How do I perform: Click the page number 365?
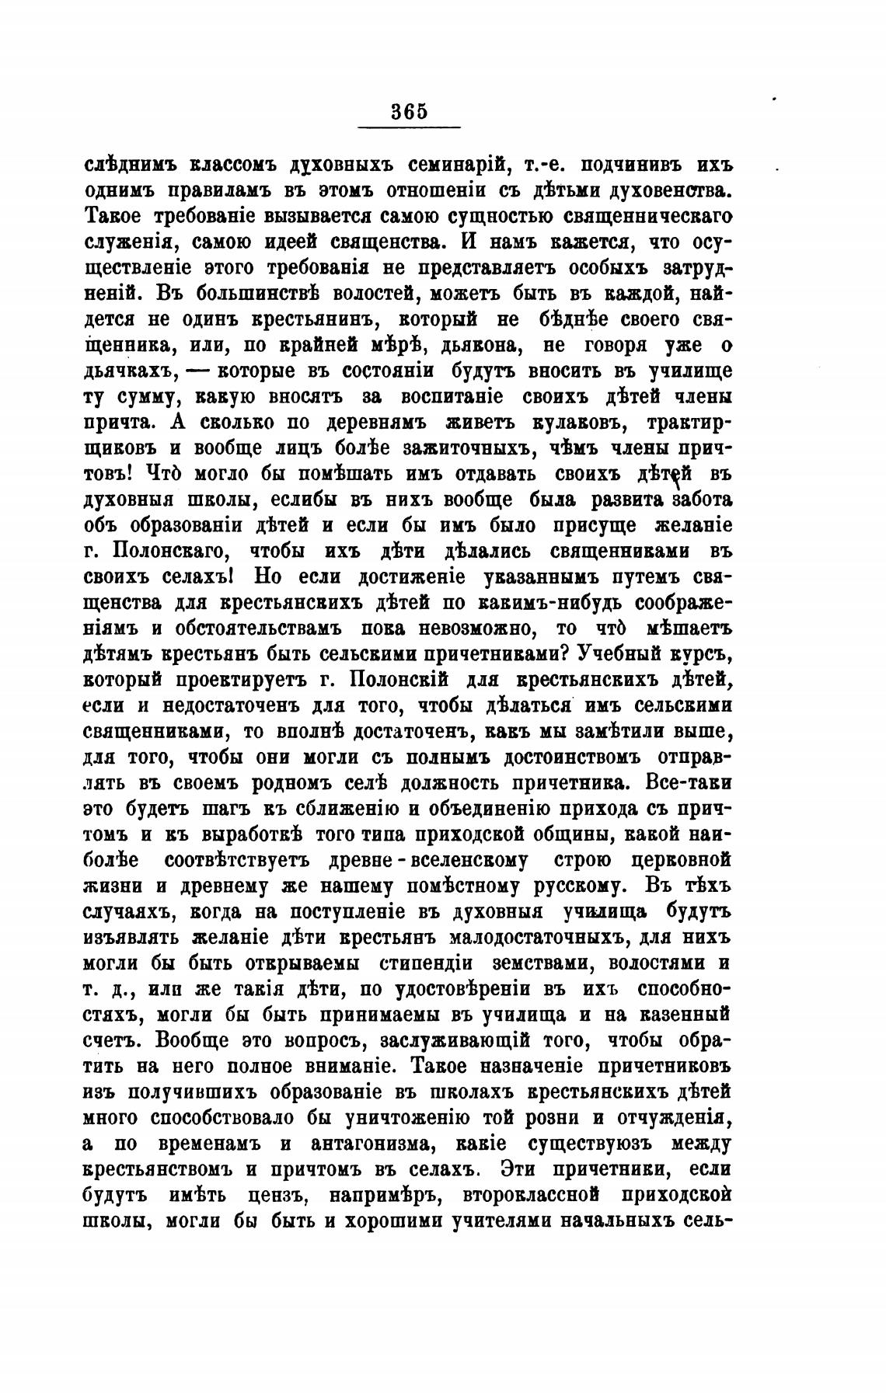point(409,111)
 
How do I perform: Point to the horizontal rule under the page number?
point(409,127)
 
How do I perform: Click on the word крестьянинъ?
point(317,319)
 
